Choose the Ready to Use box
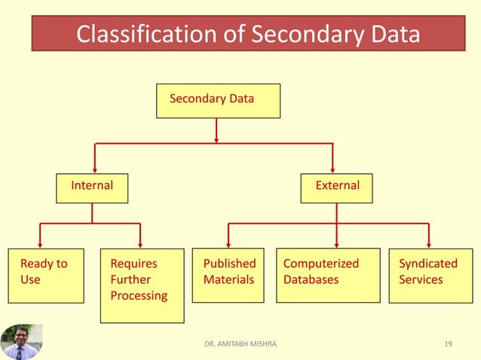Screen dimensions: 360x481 pos(46,275)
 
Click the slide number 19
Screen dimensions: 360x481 pos(449,344)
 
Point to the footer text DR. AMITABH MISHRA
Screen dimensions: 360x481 pos(240,344)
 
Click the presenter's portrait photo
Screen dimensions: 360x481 pos(21,342)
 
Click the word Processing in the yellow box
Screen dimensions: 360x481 pos(139,296)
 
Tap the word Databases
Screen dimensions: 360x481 pos(311,280)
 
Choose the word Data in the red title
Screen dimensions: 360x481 pos(389,35)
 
